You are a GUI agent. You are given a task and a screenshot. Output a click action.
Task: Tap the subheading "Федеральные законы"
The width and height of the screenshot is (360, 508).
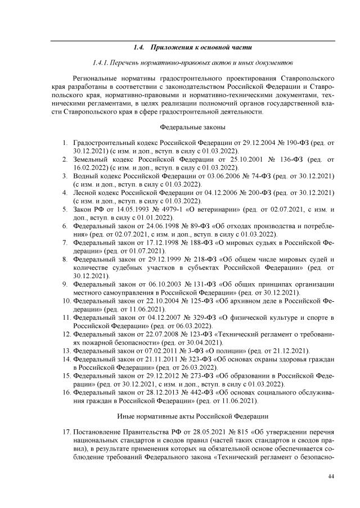coord(193,128)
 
